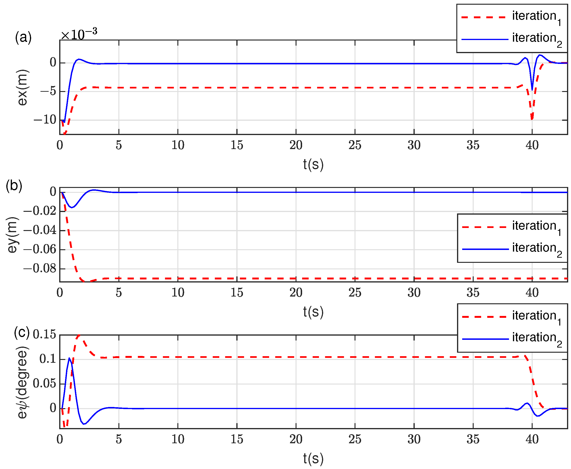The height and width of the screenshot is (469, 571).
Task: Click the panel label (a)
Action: pyautogui.click(x=23, y=37)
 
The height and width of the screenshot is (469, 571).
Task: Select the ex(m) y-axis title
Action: pyautogui.click(x=22, y=88)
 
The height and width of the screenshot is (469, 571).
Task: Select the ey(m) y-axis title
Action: pyautogui.click(x=12, y=235)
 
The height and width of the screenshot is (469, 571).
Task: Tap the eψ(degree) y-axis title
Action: pyautogui.click(x=22, y=383)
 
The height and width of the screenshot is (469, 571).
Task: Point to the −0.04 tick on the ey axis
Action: pyautogui.click(x=40, y=230)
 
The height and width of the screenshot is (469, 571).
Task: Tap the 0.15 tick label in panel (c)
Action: pyautogui.click(x=44, y=334)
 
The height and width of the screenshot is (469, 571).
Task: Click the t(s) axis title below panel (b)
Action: pyautogui.click(x=313, y=312)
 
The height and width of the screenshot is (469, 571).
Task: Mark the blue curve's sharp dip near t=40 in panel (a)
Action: pyautogui.click(x=532, y=90)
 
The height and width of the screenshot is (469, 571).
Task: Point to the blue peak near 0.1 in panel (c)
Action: pyautogui.click(x=70, y=358)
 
